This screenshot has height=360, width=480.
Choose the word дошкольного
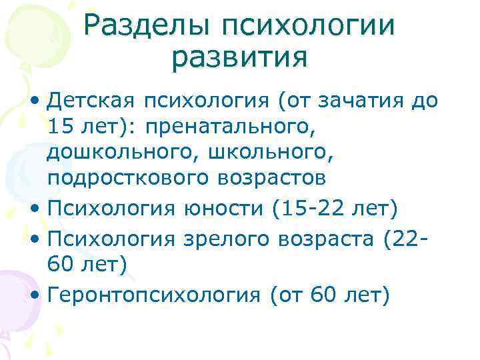pyautogui.click(x=116, y=153)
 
